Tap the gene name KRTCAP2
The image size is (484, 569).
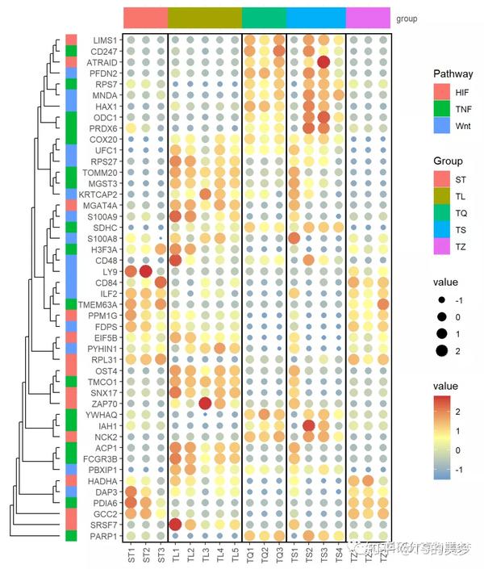pyautogui.click(x=99, y=194)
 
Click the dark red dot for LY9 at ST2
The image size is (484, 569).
pyautogui.click(x=145, y=271)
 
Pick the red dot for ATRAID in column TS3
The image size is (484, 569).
pyautogui.click(x=323, y=62)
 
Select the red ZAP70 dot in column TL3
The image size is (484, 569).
pyautogui.click(x=205, y=404)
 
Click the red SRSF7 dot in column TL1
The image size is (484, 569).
pyautogui.click(x=175, y=525)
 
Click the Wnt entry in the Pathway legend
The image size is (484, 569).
pyautogui.click(x=462, y=125)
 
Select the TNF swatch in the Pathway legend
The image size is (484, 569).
pyautogui.click(x=441, y=108)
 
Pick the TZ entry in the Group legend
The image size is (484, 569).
pyautogui.click(x=461, y=247)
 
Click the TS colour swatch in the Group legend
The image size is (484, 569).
pyautogui.click(x=441, y=230)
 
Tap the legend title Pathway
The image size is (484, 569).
pyautogui.click(x=453, y=73)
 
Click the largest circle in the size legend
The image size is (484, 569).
pyautogui.click(x=441, y=349)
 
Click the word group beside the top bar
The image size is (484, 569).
pyautogui.click(x=407, y=18)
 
